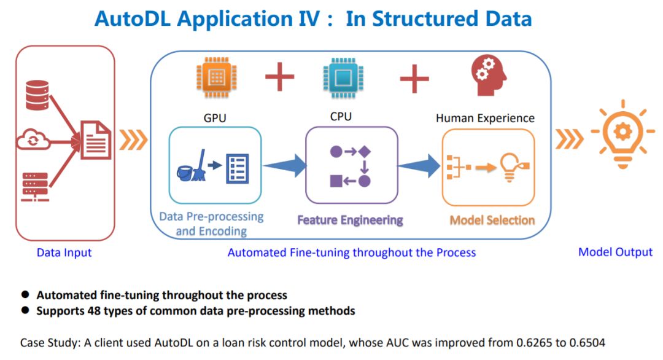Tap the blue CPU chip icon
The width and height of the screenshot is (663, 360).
point(339,79)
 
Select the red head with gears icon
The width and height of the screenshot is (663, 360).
point(489,77)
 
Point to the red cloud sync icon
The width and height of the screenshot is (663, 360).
point(31,139)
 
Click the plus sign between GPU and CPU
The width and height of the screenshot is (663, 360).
point(279,78)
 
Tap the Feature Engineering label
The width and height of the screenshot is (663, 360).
point(350,220)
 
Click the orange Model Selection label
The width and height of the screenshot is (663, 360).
point(492,220)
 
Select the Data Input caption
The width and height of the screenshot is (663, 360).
point(64,252)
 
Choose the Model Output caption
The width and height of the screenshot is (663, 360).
point(616,252)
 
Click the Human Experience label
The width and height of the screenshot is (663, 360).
point(485,118)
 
